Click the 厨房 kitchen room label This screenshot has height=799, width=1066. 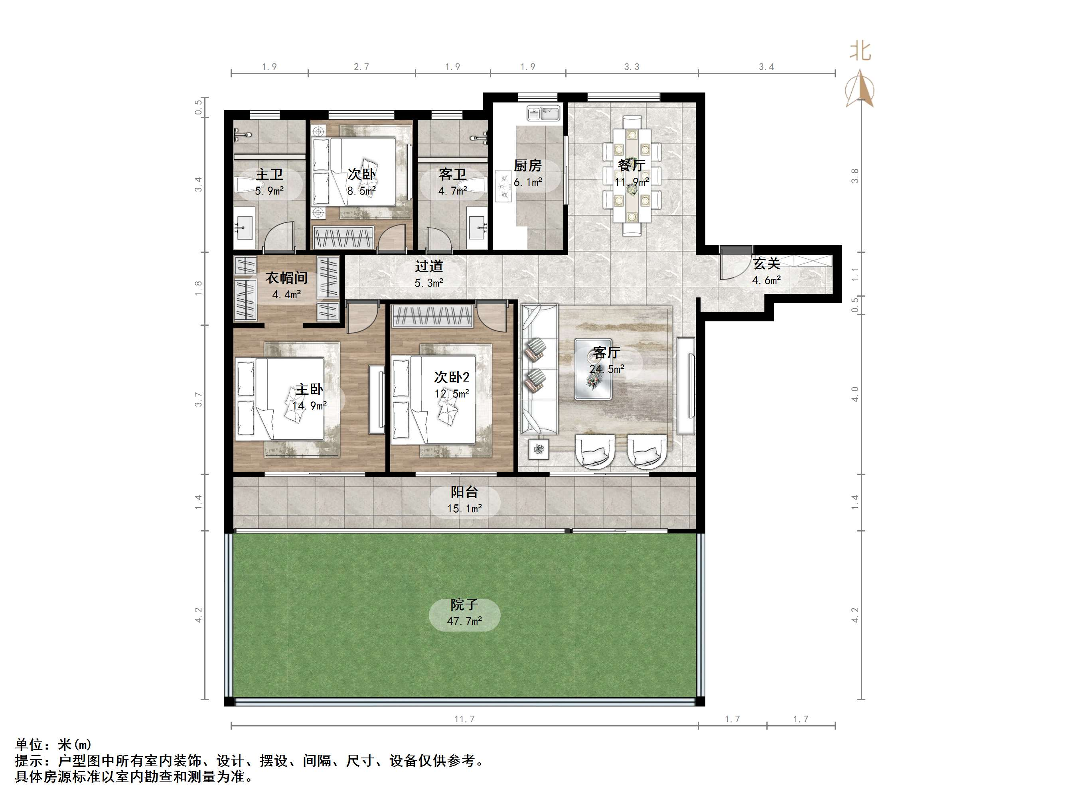coord(528,166)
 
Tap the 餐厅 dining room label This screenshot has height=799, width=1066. coord(631,165)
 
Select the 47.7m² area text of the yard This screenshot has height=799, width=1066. coord(464,621)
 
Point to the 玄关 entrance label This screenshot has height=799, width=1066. coord(766,264)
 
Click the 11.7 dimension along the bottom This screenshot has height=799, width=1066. coord(464,719)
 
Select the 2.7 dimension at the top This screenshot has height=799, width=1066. coord(361,67)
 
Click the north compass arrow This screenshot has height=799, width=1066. coord(860,89)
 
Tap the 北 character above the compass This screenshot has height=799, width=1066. coord(860,51)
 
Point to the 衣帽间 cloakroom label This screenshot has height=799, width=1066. coord(287,278)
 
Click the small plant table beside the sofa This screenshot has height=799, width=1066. coord(539,449)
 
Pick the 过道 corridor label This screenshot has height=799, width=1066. coord(429,266)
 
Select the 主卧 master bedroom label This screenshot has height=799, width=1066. coord(309,389)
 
